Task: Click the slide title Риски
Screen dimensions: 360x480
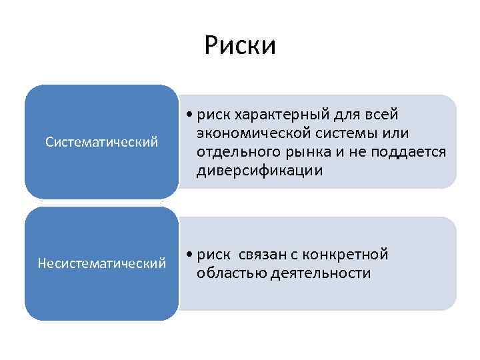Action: [x=240, y=46]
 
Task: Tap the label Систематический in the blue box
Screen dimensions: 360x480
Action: [x=101, y=142]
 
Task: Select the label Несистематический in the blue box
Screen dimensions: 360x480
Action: [x=101, y=264]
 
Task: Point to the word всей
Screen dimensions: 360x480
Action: [x=381, y=115]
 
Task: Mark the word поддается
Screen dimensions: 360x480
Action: [x=411, y=152]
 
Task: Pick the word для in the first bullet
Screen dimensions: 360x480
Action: [x=345, y=115]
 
